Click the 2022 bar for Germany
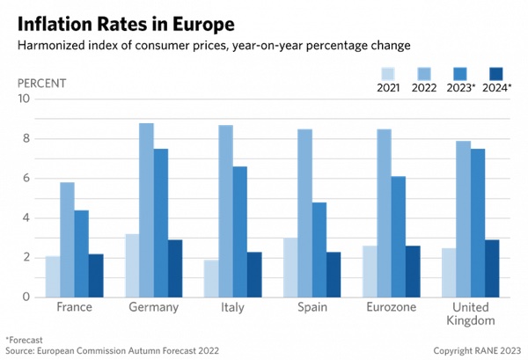point(146,210)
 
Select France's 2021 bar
point(52,276)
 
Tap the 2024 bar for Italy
point(254,275)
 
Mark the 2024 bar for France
point(95,276)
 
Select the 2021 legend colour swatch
point(389,74)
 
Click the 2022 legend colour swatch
point(424,74)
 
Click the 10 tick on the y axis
point(24,99)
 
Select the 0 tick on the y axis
point(26,298)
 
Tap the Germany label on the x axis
point(153,308)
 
